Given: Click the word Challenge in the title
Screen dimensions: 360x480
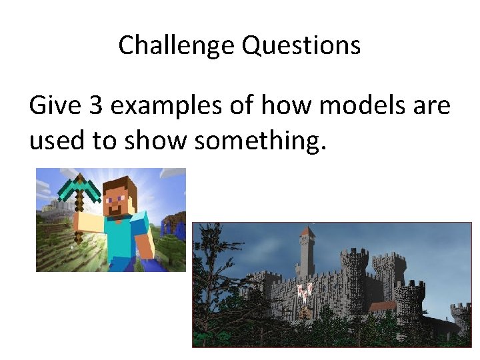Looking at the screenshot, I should coord(177,45).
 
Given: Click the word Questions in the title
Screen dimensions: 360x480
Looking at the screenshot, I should coord(301,45).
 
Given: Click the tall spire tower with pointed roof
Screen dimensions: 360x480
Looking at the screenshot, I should coord(307,250).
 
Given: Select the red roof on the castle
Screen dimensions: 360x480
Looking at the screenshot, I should coord(383,305).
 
